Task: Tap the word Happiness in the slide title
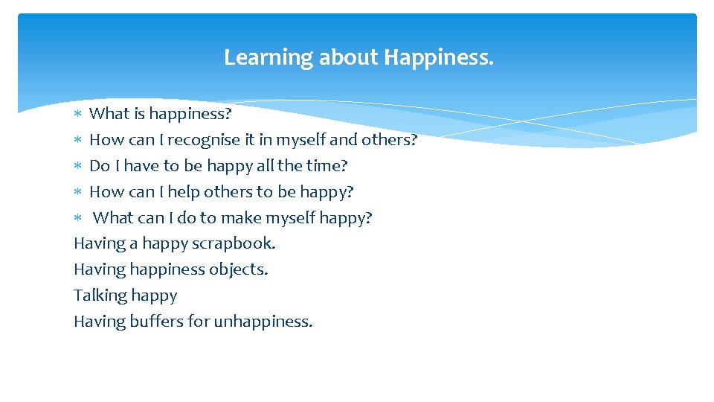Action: click(438, 57)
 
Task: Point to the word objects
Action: click(239, 269)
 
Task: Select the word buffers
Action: click(156, 322)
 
